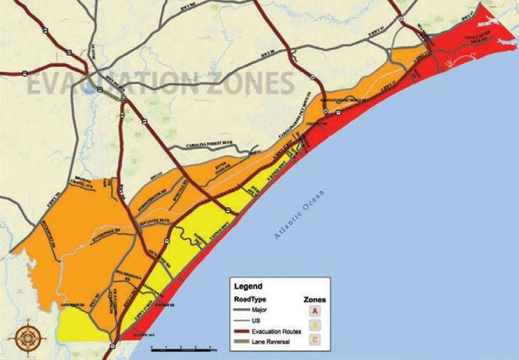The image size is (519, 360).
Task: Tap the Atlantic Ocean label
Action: click(300, 214)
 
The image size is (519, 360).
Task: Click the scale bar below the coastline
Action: click(184, 350)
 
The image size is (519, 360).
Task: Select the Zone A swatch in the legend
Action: click(315, 311)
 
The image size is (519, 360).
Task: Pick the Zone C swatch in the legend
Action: click(315, 339)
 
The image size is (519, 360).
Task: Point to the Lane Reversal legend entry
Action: click(269, 342)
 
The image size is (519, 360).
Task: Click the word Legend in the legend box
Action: click(248, 287)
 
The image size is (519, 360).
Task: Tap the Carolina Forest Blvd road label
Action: click(209, 145)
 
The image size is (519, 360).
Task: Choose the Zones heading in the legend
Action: click(315, 300)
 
